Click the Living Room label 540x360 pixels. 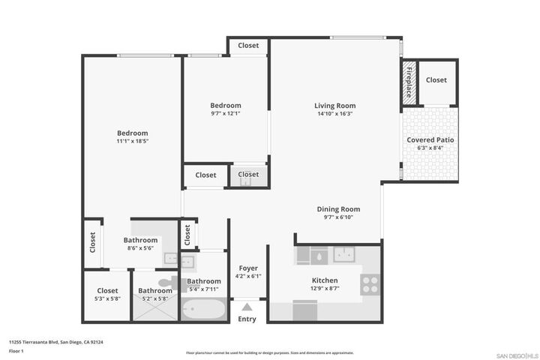(x=334, y=106)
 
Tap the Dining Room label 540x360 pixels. (x=338, y=209)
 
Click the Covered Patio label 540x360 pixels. (x=430, y=139)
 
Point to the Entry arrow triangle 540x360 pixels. (x=247, y=307)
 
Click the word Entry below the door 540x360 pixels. (x=247, y=319)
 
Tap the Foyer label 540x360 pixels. (x=248, y=268)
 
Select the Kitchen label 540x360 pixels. (x=325, y=280)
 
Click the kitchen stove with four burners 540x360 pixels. (x=370, y=283)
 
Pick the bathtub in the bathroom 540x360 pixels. (x=204, y=309)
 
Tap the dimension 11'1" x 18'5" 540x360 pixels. (x=132, y=141)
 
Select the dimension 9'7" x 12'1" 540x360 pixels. (x=225, y=114)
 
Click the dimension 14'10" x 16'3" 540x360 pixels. (x=334, y=114)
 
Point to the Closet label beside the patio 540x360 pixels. (x=436, y=80)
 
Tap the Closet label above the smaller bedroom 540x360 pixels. (x=248, y=46)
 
